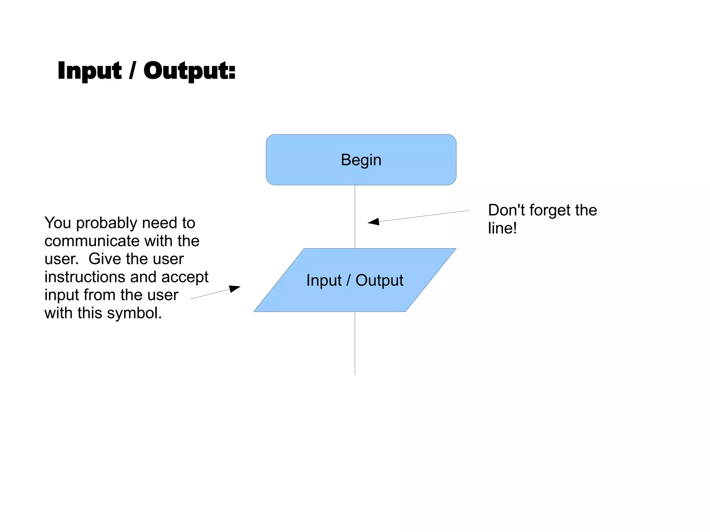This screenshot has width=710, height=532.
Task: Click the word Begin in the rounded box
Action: pyautogui.click(x=361, y=160)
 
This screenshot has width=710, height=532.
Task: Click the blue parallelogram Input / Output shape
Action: pyautogui.click(x=355, y=298)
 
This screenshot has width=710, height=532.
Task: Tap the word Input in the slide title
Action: pyautogui.click(x=89, y=71)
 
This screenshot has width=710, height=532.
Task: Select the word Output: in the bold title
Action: pyautogui.click(x=189, y=71)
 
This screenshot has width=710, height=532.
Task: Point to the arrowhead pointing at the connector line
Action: pyautogui.click(x=374, y=222)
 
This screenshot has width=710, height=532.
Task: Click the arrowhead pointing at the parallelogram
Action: pyautogui.click(x=235, y=288)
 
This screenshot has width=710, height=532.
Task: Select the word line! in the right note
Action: pyautogui.click(x=502, y=228)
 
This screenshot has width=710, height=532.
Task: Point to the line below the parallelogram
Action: pyautogui.click(x=355, y=343)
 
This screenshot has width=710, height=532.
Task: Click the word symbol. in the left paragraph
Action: pyautogui.click(x=134, y=313)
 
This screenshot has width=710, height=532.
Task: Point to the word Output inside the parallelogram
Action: pyautogui.click(x=379, y=280)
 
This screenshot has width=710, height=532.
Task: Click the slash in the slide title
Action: pyautogui.click(x=132, y=71)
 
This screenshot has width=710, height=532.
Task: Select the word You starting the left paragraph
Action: pyautogui.click(x=58, y=223)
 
